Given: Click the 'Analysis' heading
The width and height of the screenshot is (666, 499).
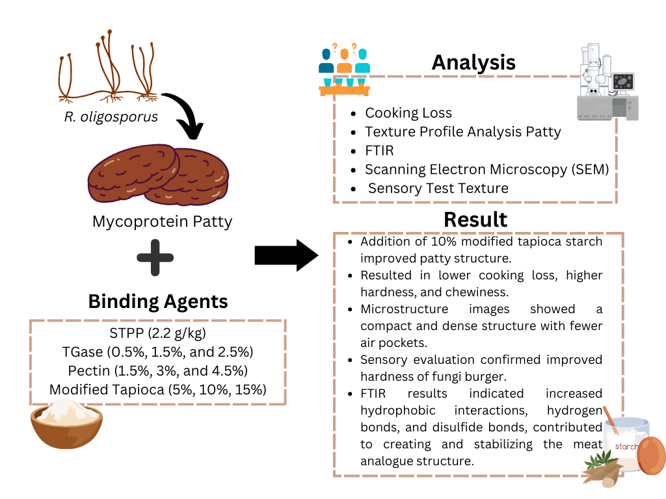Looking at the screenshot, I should click(473, 62).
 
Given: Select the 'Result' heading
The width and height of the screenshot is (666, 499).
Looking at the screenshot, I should click(475, 219).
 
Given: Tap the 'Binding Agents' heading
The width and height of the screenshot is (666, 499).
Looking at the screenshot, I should click(158, 301).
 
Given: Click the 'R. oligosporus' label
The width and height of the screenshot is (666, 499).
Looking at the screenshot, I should click(111, 118).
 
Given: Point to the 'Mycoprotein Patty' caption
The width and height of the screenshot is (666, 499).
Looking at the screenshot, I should click(162, 222).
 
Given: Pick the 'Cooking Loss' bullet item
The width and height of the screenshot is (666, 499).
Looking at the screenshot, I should click(408, 113).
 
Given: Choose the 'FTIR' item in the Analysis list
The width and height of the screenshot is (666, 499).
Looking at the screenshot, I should click(379, 151).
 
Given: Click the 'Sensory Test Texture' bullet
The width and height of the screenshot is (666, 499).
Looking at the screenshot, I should click(438, 188).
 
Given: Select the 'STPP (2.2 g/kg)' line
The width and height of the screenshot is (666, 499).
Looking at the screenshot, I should click(157, 334).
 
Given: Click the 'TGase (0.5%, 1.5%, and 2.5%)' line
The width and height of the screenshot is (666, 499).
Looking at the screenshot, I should click(157, 353).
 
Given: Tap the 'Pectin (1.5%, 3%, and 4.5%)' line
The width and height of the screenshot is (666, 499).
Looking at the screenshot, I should click(157, 372).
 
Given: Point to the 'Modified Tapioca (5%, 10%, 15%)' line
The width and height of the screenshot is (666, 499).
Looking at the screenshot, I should click(157, 390).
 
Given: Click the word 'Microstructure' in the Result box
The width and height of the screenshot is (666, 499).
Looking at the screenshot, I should click(404, 309).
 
